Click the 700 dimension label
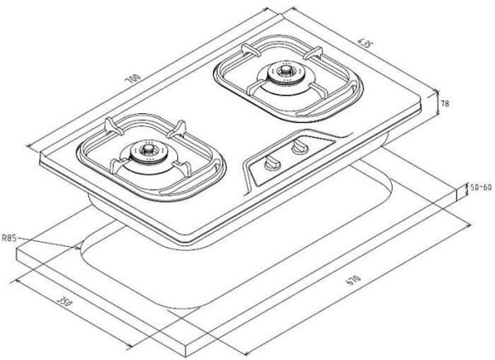[133, 78]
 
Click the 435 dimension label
[363, 43]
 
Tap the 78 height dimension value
[445, 103]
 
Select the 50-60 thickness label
[481, 187]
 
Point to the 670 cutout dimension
[353, 280]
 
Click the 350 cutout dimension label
[64, 301]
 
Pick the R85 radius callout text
[9, 238]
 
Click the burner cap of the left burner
[148, 149]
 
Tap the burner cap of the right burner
[286, 70]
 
